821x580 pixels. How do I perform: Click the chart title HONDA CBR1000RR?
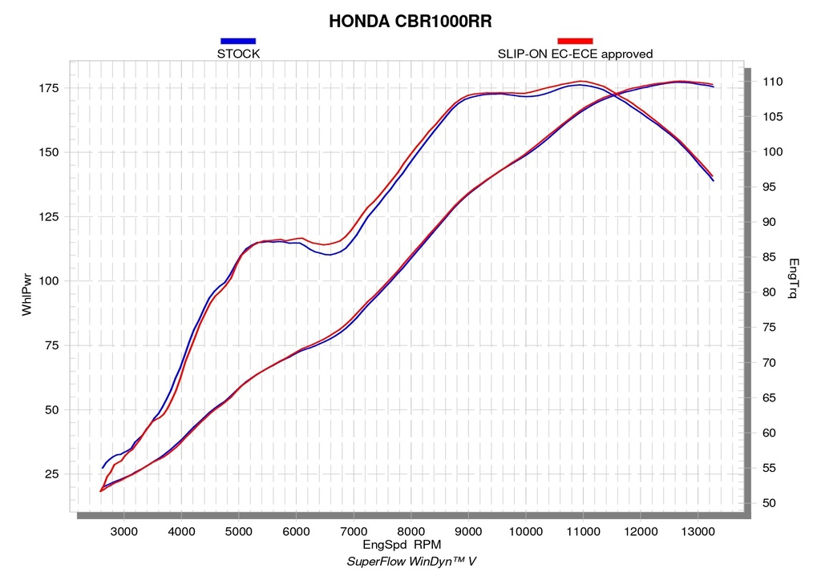410,22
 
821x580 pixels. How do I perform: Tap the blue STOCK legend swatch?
238,41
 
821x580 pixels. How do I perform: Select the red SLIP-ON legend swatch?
575,41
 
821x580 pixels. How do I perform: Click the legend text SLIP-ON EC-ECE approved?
575,54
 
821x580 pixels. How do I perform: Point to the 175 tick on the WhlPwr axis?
49,88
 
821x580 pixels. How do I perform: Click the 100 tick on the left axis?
49,281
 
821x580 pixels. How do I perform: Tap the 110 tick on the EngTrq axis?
773,82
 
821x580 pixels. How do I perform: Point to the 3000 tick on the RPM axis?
124,532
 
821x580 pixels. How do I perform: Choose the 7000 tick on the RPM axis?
354,532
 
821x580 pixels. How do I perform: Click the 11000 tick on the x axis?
583,532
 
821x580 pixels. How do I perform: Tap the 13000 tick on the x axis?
698,532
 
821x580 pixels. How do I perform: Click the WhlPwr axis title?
26,295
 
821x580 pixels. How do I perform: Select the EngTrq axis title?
793,278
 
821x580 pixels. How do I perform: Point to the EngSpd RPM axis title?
402,545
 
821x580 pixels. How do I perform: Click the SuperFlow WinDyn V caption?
411,562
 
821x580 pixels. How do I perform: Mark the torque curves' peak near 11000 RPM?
581,82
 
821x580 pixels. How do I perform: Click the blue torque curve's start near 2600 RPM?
103,468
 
